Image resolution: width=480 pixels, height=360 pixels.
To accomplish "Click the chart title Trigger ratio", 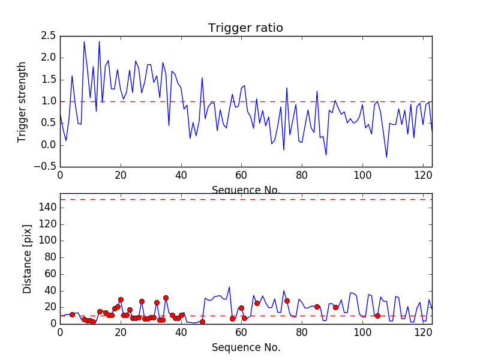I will point(245,28).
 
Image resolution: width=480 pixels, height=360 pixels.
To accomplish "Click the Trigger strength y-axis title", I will point(22,101).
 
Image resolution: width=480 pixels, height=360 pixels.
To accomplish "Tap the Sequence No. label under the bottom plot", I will point(245,347).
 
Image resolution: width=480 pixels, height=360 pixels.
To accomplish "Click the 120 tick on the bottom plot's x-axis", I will point(423,332).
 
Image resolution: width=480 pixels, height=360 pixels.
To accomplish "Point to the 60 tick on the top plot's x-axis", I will point(241,175).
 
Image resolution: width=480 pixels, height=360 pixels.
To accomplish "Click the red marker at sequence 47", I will point(202,322).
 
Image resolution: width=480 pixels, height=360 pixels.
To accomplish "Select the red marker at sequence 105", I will point(377,316).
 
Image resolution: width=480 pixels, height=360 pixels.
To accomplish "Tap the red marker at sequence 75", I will point(287,301).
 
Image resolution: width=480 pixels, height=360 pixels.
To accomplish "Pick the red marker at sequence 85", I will point(317,307).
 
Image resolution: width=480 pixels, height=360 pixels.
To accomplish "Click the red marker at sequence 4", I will point(72,314).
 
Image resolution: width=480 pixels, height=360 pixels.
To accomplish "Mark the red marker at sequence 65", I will point(257,303).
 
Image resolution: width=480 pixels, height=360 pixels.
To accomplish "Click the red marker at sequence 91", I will point(335,307).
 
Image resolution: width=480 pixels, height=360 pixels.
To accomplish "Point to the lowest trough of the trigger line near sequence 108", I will point(386,157).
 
